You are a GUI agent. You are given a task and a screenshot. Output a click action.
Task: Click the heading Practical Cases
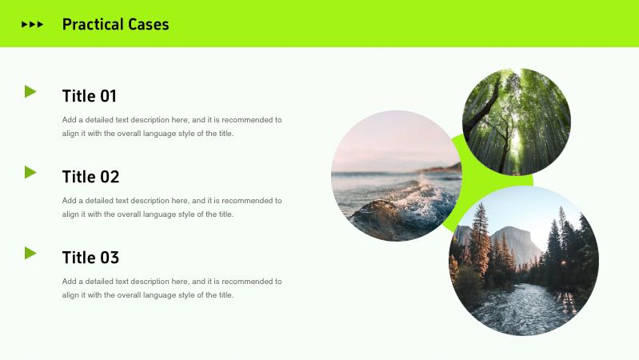tap(115, 24)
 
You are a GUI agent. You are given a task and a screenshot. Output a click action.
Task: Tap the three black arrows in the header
tap(32, 24)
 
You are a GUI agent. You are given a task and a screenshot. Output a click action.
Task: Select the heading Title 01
tap(90, 96)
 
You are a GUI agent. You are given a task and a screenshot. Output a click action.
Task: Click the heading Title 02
tap(90, 177)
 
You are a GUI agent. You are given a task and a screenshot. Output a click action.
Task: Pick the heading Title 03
tap(90, 258)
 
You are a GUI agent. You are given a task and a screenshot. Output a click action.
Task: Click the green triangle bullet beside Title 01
tap(30, 91)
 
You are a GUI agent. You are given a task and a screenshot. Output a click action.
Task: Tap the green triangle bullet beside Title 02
tap(30, 172)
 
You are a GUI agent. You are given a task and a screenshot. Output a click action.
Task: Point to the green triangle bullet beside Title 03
tap(30, 253)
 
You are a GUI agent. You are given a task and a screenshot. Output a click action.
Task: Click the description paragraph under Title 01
tap(172, 126)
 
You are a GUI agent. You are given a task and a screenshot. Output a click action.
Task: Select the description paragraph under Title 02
tap(172, 207)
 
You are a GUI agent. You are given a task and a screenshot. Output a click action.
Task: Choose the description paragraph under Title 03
tap(172, 288)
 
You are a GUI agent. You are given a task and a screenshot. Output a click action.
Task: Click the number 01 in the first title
tap(108, 96)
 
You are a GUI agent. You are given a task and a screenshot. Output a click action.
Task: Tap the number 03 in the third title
tap(109, 258)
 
